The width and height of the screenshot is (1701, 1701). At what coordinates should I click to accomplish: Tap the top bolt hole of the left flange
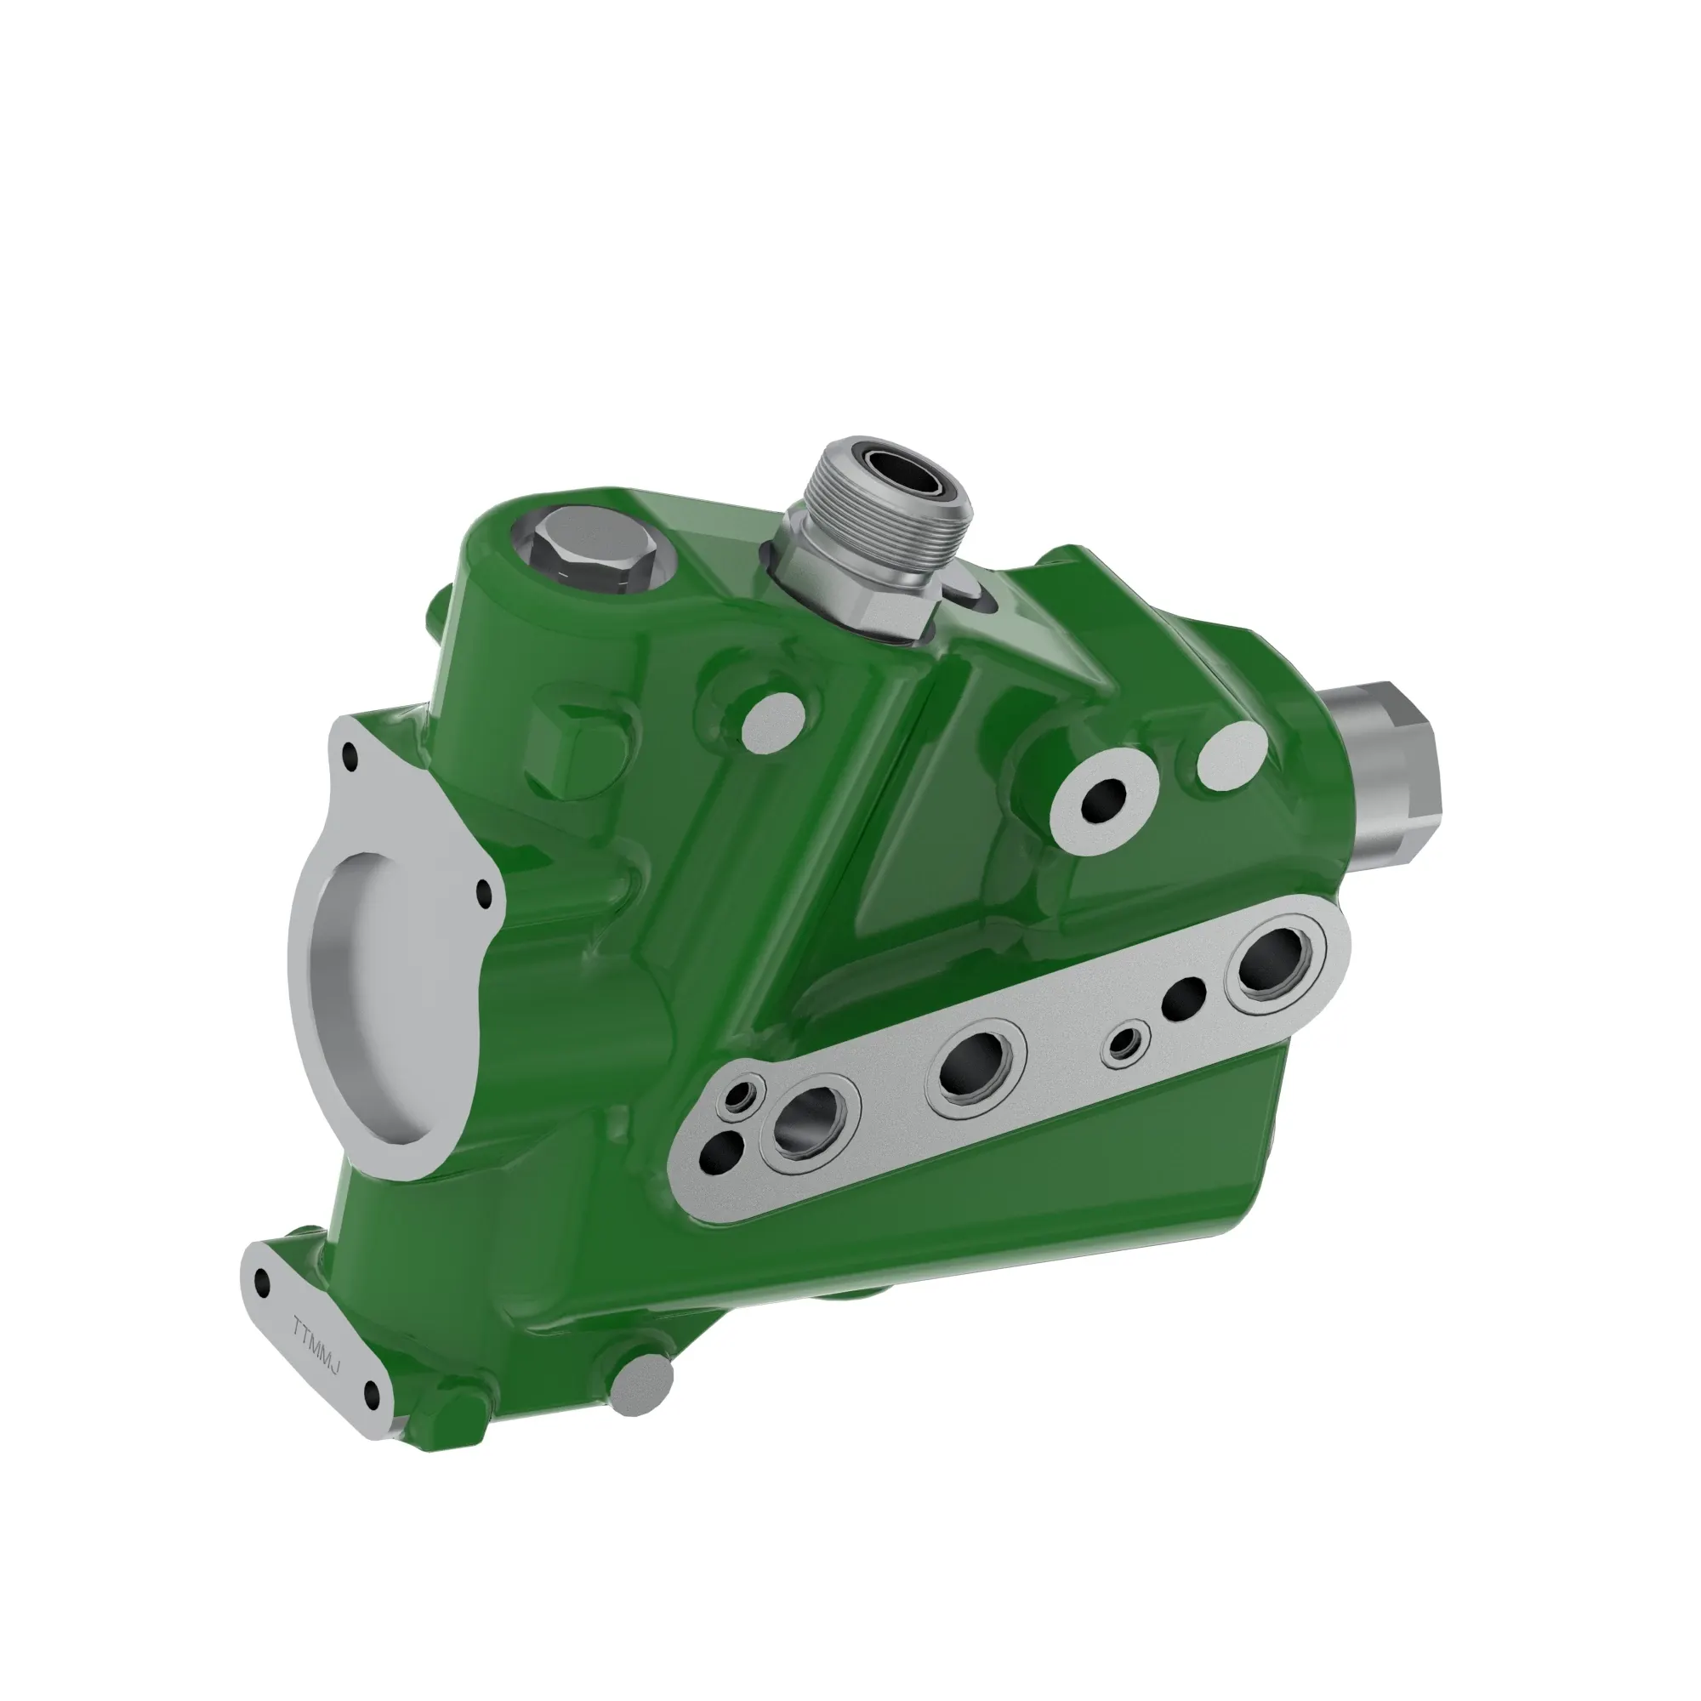(351, 754)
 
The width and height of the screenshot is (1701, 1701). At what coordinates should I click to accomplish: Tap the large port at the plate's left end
(805, 1124)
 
